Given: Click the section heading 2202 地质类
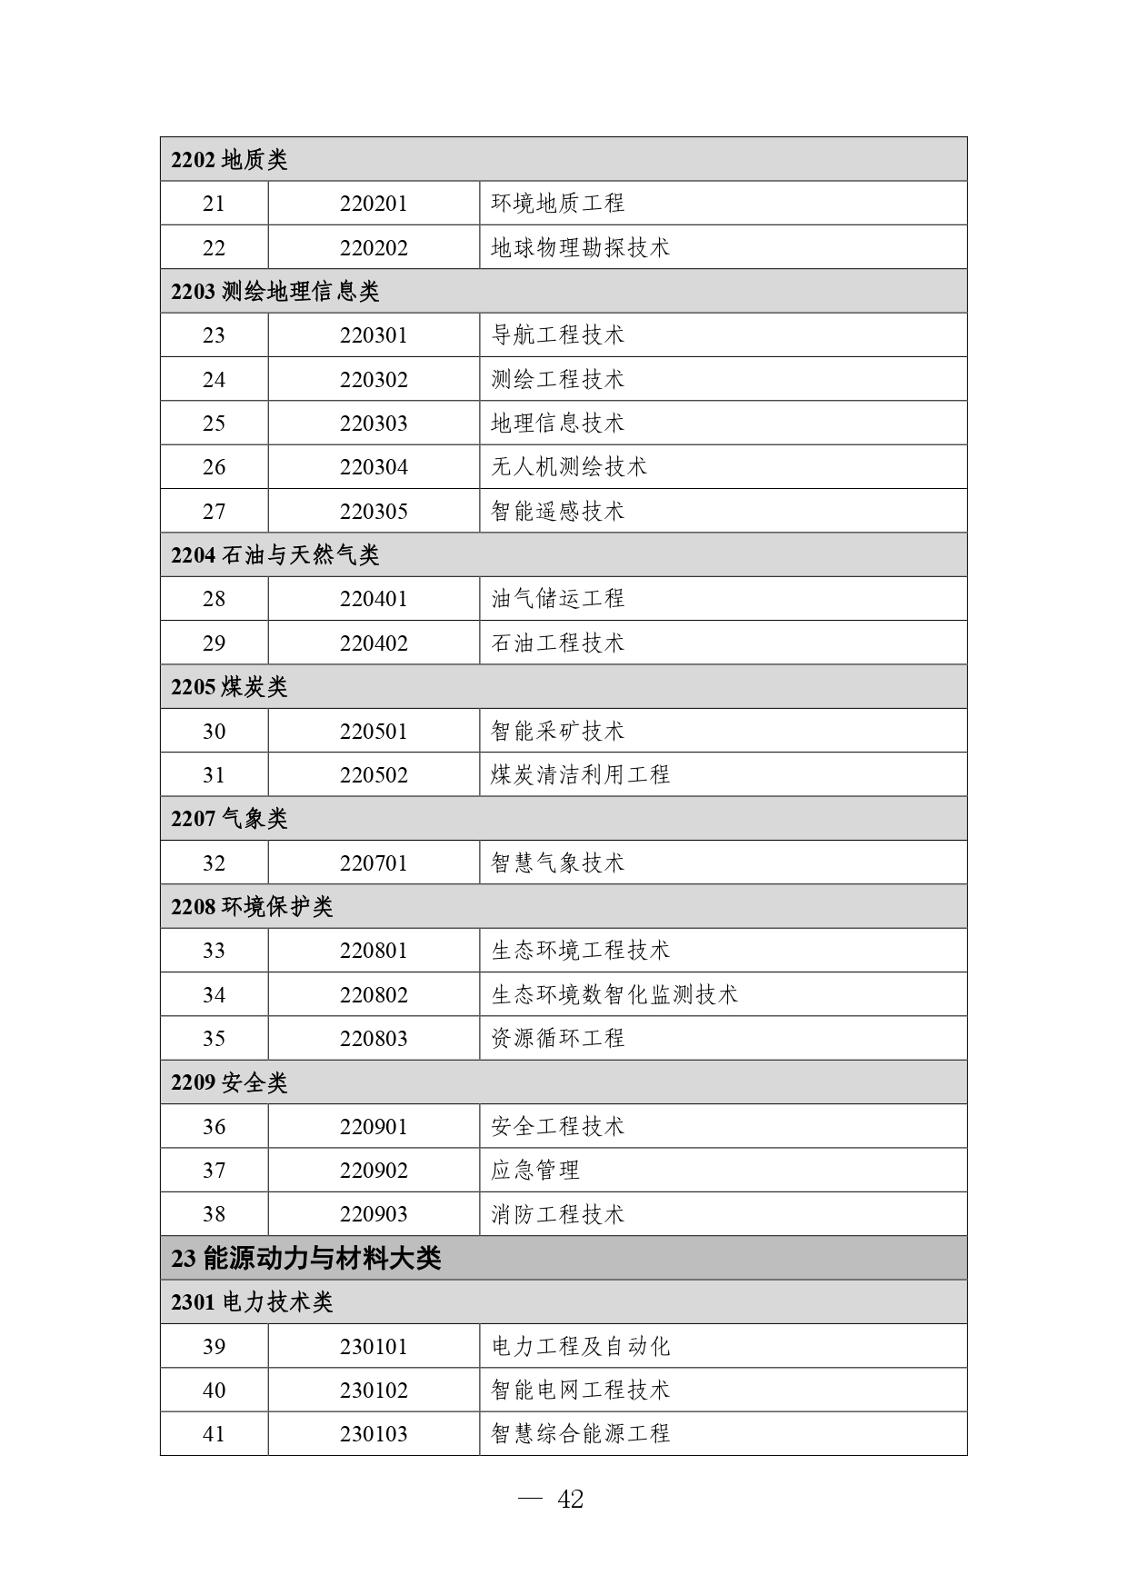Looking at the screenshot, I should tap(229, 160).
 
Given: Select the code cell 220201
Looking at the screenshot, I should tap(374, 204).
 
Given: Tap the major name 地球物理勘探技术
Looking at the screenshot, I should tap(580, 247).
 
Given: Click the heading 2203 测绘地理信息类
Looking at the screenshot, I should tap(275, 292).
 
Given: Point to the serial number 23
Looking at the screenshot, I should tap(214, 335).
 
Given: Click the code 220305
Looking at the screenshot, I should tap(374, 512).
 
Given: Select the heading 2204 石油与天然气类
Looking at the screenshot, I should tap(275, 555).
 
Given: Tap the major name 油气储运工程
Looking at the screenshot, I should tap(557, 599).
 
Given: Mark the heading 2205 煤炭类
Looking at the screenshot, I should tap(229, 687).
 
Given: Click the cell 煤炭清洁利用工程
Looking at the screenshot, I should tap(580, 775).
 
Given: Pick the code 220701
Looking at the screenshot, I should tap(374, 863).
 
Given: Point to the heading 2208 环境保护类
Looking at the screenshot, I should tap(252, 907).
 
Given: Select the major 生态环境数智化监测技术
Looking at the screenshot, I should tap(614, 995).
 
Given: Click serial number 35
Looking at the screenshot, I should tap(214, 1039).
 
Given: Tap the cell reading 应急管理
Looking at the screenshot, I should tap(534, 1171).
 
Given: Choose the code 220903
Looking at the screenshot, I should tap(374, 1214).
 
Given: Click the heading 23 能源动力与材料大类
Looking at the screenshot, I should tap(305, 1259).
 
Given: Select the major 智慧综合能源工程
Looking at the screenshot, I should tap(580, 1434).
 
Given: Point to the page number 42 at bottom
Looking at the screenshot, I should tap(569, 1500).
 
